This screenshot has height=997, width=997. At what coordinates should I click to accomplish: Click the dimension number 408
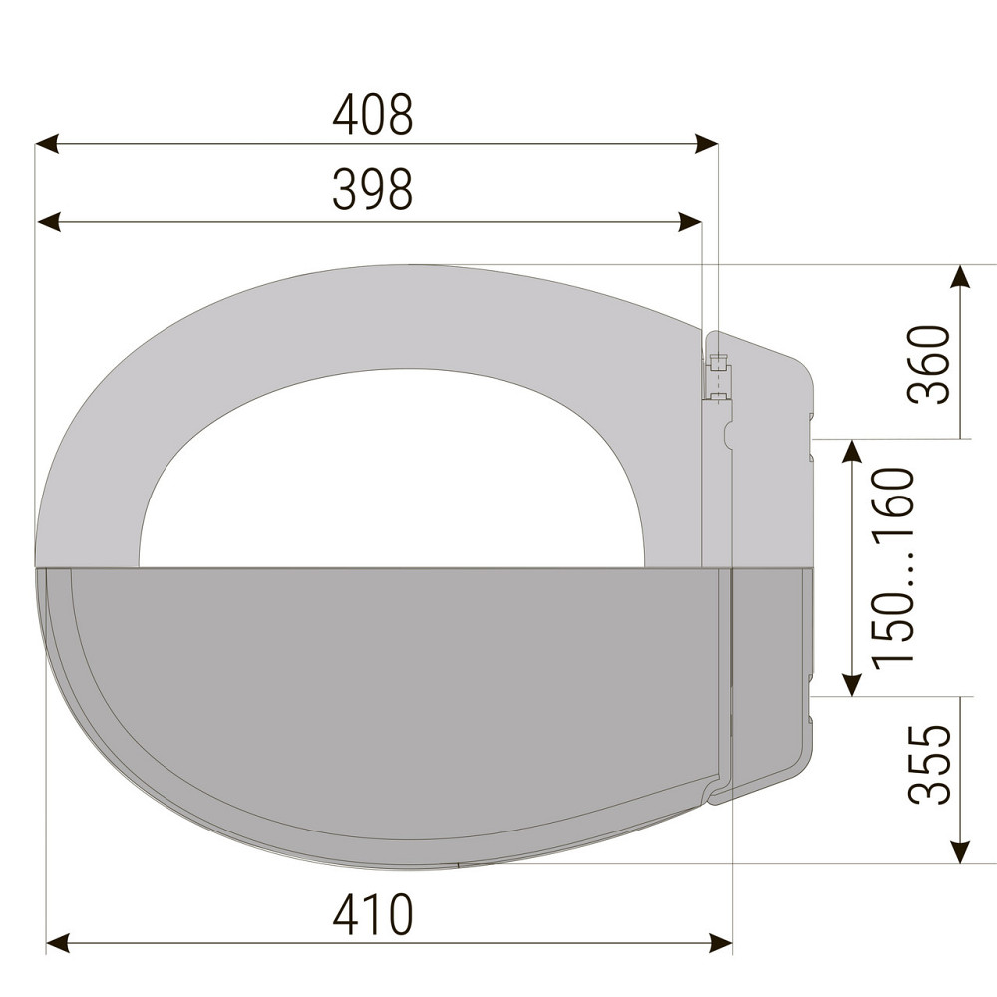pyautogui.click(x=373, y=115)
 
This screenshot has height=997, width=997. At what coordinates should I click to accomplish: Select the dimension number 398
pyautogui.click(x=373, y=189)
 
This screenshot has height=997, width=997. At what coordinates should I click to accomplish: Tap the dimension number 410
pyautogui.click(x=373, y=914)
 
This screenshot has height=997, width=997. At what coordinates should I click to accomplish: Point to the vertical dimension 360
pyautogui.click(x=929, y=364)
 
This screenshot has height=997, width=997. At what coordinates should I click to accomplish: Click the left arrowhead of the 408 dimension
pyautogui.click(x=47, y=143)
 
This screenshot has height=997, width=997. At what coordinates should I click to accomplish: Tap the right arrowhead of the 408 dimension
pyautogui.click(x=706, y=143)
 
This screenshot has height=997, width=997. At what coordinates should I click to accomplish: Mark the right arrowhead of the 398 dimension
pyautogui.click(x=690, y=222)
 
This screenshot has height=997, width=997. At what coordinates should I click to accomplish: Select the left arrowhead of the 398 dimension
pyautogui.click(x=48, y=222)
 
